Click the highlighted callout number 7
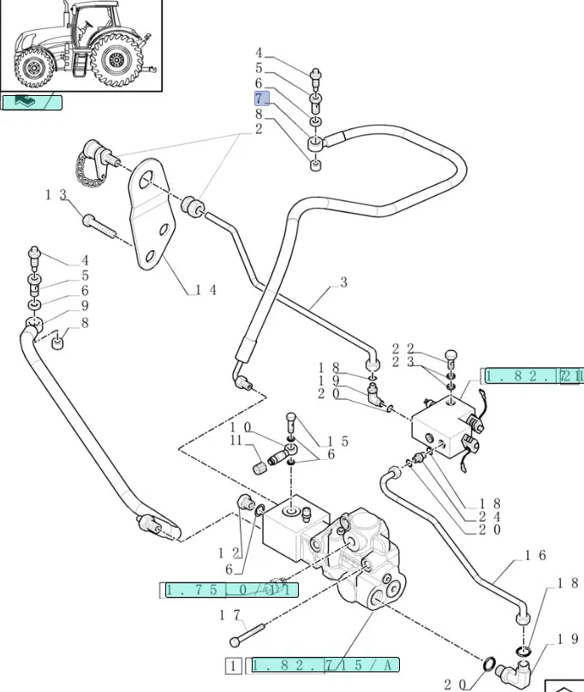[x=261, y=98]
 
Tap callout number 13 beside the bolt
[x=56, y=195]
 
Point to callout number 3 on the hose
[x=343, y=282]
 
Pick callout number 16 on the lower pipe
[x=535, y=556]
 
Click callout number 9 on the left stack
[x=85, y=306]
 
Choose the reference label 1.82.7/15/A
[x=325, y=665]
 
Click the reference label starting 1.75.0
[x=230, y=589]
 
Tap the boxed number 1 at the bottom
[x=232, y=665]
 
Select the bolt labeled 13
[x=101, y=225]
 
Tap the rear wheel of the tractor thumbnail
[x=114, y=61]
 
